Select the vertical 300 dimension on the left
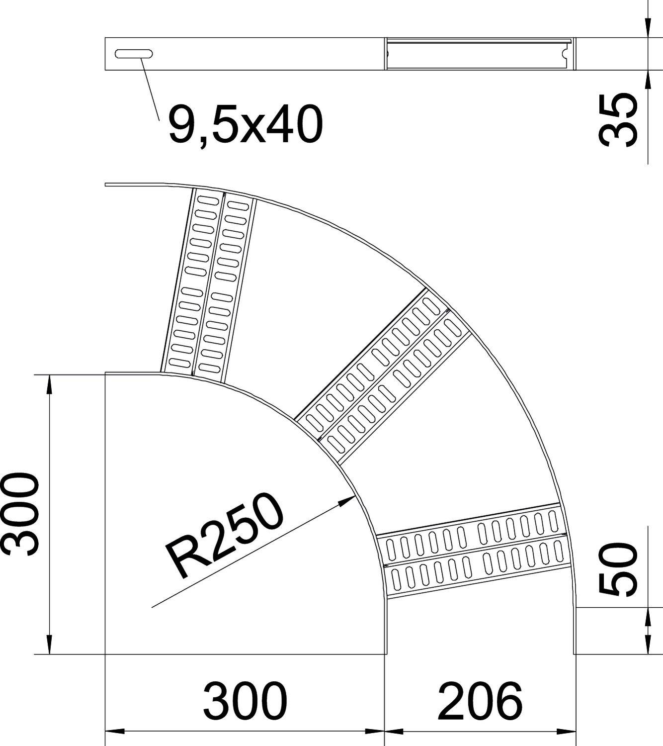tap(20, 514)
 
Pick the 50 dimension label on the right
tap(618, 569)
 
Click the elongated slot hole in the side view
tap(134, 54)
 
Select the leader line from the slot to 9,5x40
tap(150, 90)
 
